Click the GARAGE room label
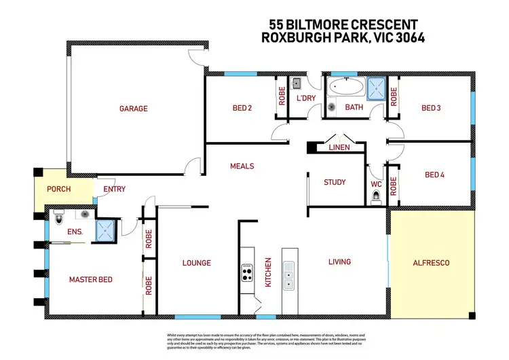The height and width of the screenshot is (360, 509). (134, 108)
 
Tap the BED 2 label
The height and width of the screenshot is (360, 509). (243, 108)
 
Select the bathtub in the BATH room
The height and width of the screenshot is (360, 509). (345, 88)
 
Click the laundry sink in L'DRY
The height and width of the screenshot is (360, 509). (297, 84)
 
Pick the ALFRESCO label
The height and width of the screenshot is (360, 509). (432, 262)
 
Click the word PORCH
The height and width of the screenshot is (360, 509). (59, 190)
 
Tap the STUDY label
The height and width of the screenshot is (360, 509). (335, 182)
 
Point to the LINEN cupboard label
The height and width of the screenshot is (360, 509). (339, 147)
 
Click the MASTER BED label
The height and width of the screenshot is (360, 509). (91, 279)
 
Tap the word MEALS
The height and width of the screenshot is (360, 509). (242, 166)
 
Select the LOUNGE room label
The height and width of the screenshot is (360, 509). (197, 263)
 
